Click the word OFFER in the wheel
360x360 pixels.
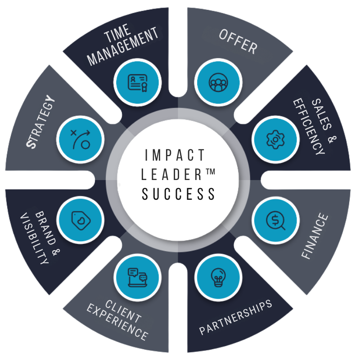click(x=238, y=43)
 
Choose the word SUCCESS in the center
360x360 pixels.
click(x=179, y=194)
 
